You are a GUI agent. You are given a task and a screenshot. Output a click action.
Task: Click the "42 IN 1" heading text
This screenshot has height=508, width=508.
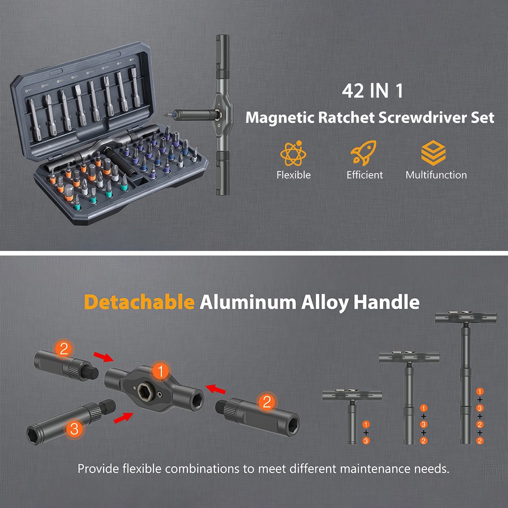pyautogui.click(x=372, y=91)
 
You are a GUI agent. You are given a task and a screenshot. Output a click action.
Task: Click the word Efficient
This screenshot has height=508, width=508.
pyautogui.click(x=364, y=175)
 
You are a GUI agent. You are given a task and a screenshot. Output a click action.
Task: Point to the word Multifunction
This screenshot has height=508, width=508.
pyautogui.click(x=436, y=175)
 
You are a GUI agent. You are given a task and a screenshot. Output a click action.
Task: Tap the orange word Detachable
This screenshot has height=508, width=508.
pyautogui.click(x=139, y=302)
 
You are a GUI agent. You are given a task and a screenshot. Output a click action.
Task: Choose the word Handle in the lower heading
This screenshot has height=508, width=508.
pyautogui.click(x=387, y=302)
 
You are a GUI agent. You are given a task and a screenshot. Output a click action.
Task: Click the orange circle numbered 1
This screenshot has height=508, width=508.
pyautogui.click(x=161, y=372)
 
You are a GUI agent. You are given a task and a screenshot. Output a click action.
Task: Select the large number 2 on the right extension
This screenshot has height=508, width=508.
pyautogui.click(x=266, y=403)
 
